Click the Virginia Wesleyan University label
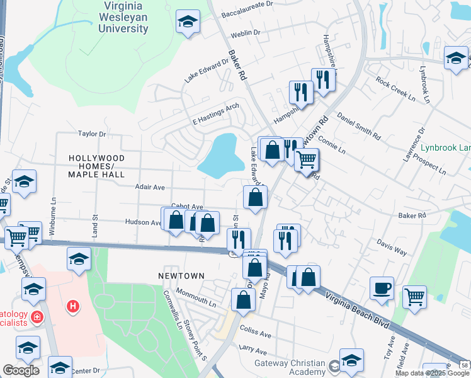(x=123, y=17)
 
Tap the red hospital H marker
(x=74, y=307)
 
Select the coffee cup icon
(x=382, y=288)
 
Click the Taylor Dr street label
(x=91, y=134)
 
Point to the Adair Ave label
(x=150, y=187)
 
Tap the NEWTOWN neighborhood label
(x=181, y=276)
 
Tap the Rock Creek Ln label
(x=395, y=89)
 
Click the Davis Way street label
(x=392, y=246)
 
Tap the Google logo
(x=21, y=370)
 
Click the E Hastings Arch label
(x=216, y=113)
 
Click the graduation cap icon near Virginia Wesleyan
(x=188, y=23)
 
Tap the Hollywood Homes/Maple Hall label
(x=97, y=166)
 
